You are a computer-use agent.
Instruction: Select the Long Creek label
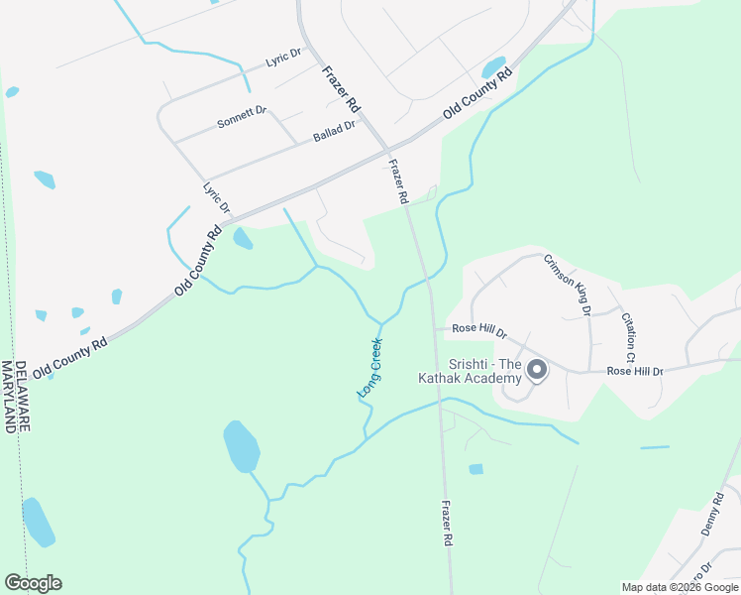(370, 368)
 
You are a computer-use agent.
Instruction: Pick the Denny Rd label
(713, 515)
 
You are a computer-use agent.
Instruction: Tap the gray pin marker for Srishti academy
(536, 371)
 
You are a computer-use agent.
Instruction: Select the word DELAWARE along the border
(24, 397)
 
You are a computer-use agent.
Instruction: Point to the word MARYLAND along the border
(10, 397)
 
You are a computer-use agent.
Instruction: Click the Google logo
(33, 583)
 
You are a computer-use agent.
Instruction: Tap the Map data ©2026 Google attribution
(678, 587)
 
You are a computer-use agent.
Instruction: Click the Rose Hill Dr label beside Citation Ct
(634, 371)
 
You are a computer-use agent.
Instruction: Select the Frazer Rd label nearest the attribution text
(447, 524)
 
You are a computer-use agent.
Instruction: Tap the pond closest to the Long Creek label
(242, 446)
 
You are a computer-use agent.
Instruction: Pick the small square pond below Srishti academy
(476, 469)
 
